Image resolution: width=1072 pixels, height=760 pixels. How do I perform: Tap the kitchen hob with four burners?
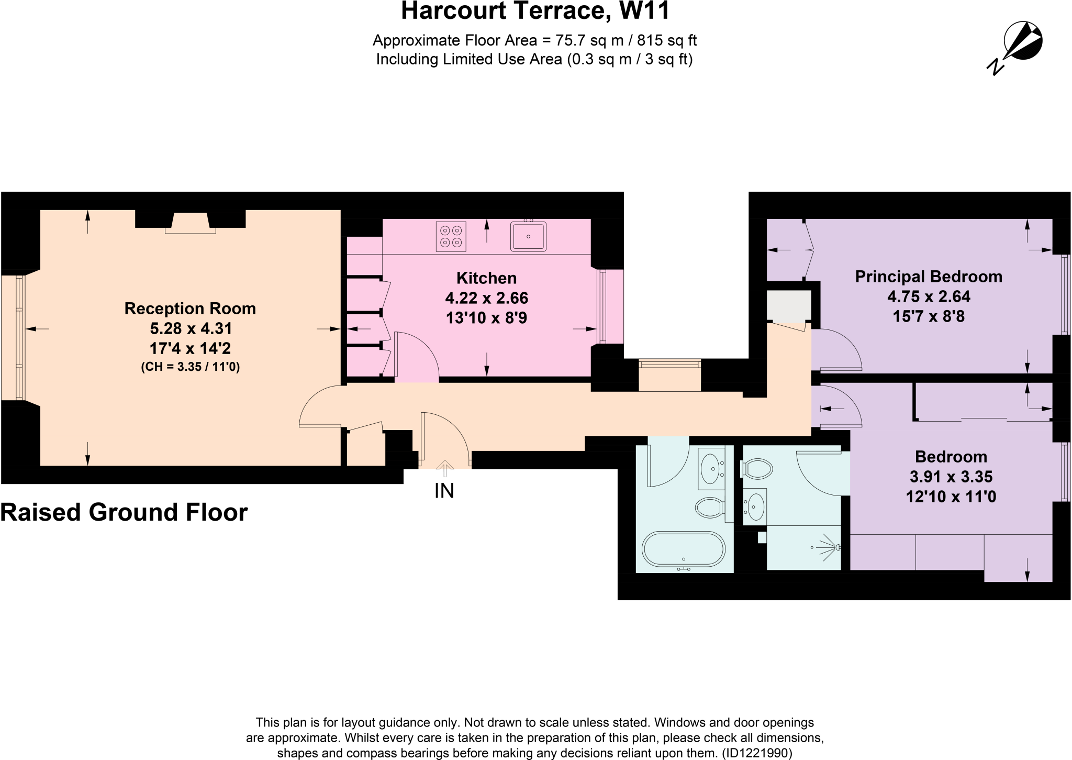pos(451,237)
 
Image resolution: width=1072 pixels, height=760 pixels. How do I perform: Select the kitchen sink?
pos(528,237)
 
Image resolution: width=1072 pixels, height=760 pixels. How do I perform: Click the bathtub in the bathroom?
pos(684,549)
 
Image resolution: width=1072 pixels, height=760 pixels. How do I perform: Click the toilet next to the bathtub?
pos(709,507)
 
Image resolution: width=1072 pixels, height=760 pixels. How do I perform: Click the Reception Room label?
pos(190,309)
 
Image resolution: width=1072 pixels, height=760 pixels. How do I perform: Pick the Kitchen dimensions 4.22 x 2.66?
pos(486,298)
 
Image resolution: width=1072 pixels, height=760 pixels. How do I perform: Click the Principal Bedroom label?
pos(928,277)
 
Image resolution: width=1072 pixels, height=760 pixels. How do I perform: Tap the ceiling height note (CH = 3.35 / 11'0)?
pos(190,367)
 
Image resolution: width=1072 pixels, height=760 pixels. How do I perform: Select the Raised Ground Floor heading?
pos(124,512)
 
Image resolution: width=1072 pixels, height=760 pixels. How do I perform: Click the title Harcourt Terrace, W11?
pos(535,10)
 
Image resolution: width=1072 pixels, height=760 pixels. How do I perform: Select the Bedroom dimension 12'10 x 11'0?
pos(951,497)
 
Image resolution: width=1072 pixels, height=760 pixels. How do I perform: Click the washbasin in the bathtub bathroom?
pos(711,468)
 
